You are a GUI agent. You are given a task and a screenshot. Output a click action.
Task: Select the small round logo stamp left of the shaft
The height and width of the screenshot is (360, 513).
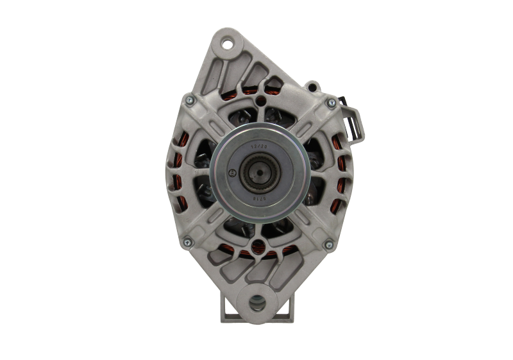click(235, 172)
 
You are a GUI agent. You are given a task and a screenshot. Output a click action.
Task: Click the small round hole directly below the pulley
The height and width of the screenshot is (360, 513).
click(258, 243)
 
